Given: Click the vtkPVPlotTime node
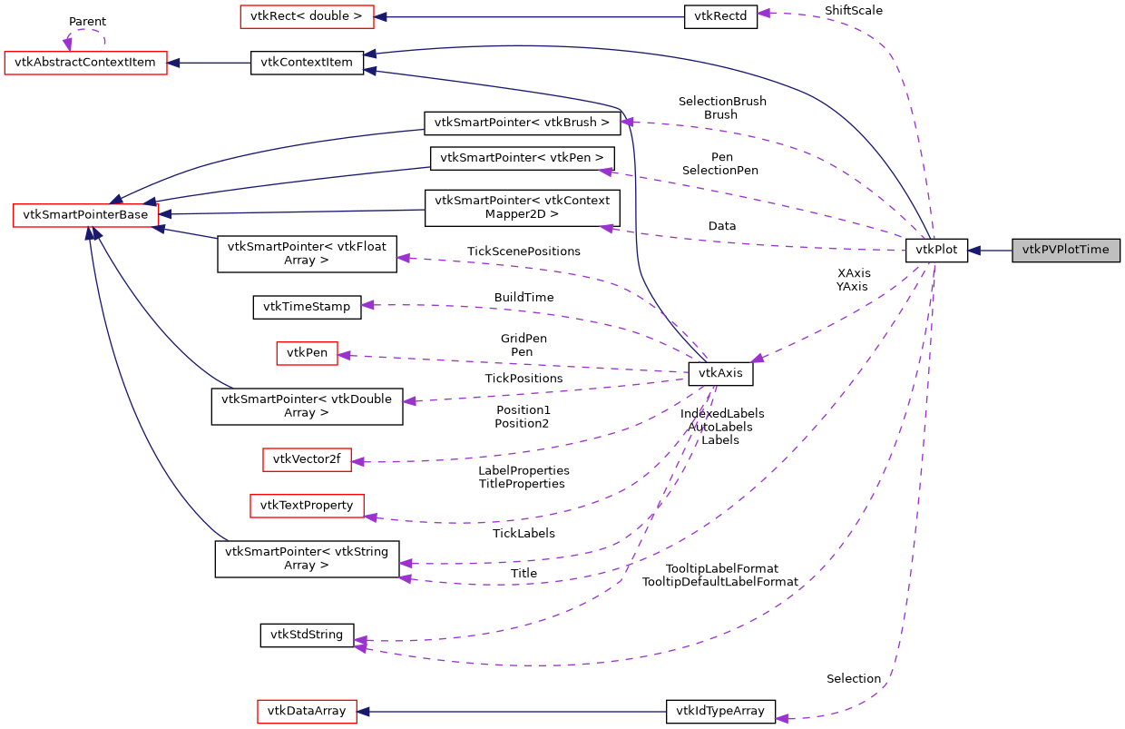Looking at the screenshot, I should pyautogui.click(x=1066, y=250).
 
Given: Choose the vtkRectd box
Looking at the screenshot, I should pyautogui.click(x=720, y=16).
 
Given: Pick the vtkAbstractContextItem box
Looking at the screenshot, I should pyautogui.click(x=86, y=63).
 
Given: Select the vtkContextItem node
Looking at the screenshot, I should pyautogui.click(x=307, y=63).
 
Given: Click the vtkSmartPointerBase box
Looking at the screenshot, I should pyautogui.click(x=86, y=214).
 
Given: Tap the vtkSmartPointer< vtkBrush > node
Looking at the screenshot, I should pyautogui.click(x=522, y=122).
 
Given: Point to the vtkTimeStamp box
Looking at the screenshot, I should pyautogui.click(x=306, y=307).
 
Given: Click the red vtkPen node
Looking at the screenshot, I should pyautogui.click(x=307, y=353).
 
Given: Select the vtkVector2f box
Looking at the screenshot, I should pyautogui.click(x=307, y=459).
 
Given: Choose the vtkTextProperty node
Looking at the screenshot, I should pyautogui.click(x=307, y=505).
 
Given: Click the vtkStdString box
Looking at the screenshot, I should pyautogui.click(x=307, y=635).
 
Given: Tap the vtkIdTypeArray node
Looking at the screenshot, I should pyautogui.click(x=720, y=711).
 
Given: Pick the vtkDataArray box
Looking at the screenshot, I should pyautogui.click(x=307, y=711).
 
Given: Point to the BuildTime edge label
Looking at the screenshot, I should pyautogui.click(x=523, y=297).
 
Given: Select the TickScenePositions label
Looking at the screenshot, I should pyautogui.click(x=523, y=251).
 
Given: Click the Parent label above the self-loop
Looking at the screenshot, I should pyautogui.click(x=87, y=21).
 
